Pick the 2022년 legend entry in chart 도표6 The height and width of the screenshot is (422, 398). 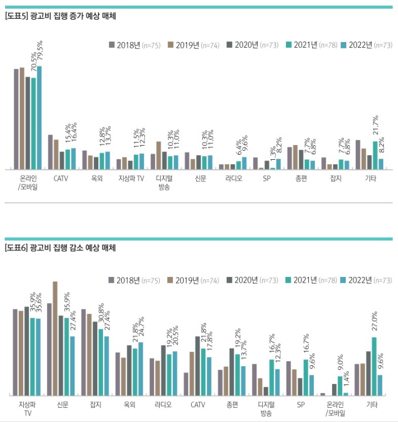click(366, 280)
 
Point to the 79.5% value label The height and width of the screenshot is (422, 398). click(39, 52)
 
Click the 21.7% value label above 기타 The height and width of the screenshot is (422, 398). click(375, 129)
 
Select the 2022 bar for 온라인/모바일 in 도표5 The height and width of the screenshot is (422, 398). click(39, 118)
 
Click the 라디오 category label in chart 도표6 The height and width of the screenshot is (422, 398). click(163, 404)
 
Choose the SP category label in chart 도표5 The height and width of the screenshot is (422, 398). click(267, 178)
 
